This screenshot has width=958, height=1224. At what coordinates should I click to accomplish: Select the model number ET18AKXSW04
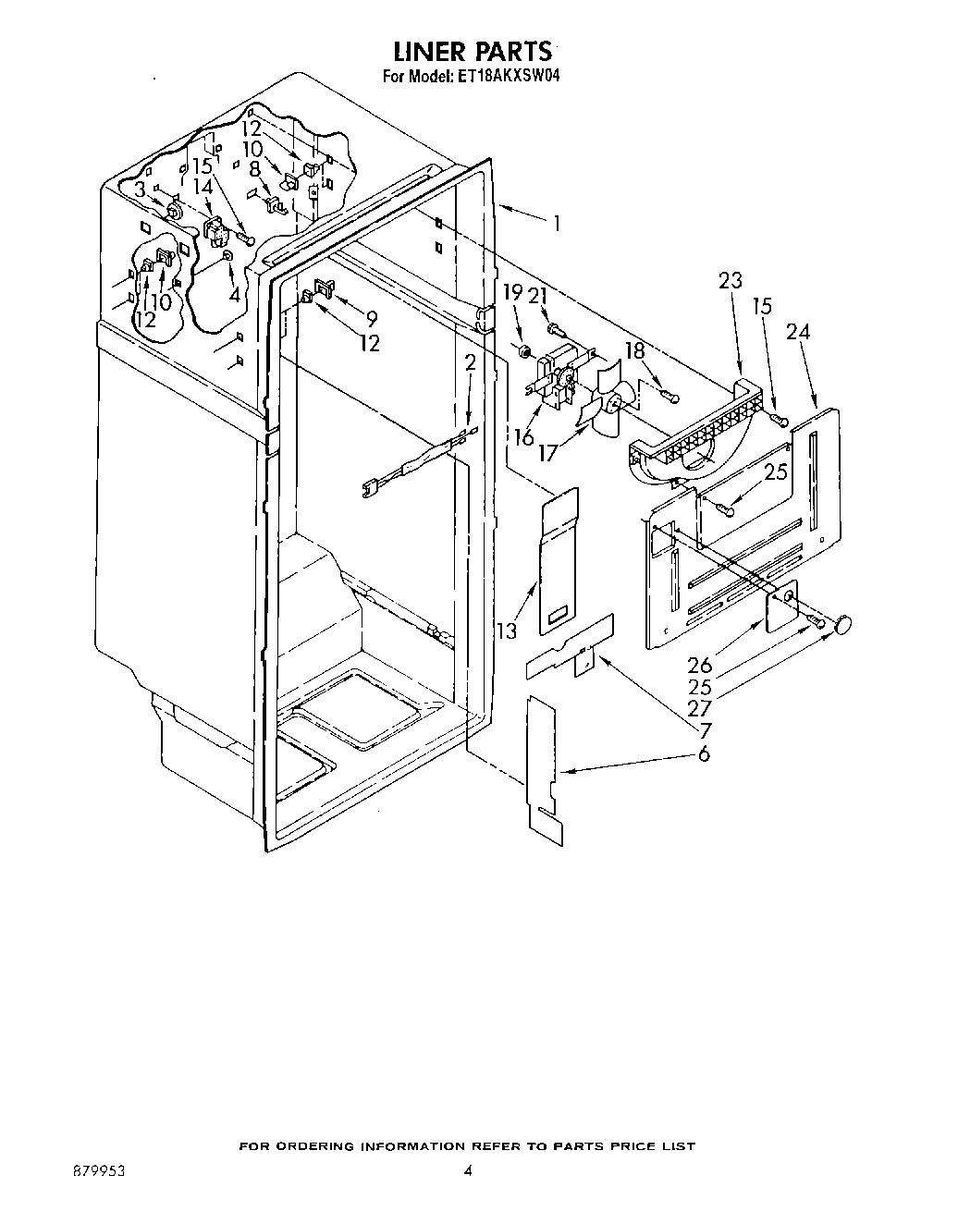(506, 79)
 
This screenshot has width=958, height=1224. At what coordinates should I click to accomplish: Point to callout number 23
(731, 281)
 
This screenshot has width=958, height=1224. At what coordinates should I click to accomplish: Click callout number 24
(798, 332)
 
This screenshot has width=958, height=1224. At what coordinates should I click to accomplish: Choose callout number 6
(704, 754)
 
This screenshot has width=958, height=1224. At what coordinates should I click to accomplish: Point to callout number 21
(538, 295)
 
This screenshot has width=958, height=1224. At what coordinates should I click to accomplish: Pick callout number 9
(371, 319)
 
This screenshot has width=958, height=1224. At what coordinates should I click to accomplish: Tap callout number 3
(140, 190)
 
